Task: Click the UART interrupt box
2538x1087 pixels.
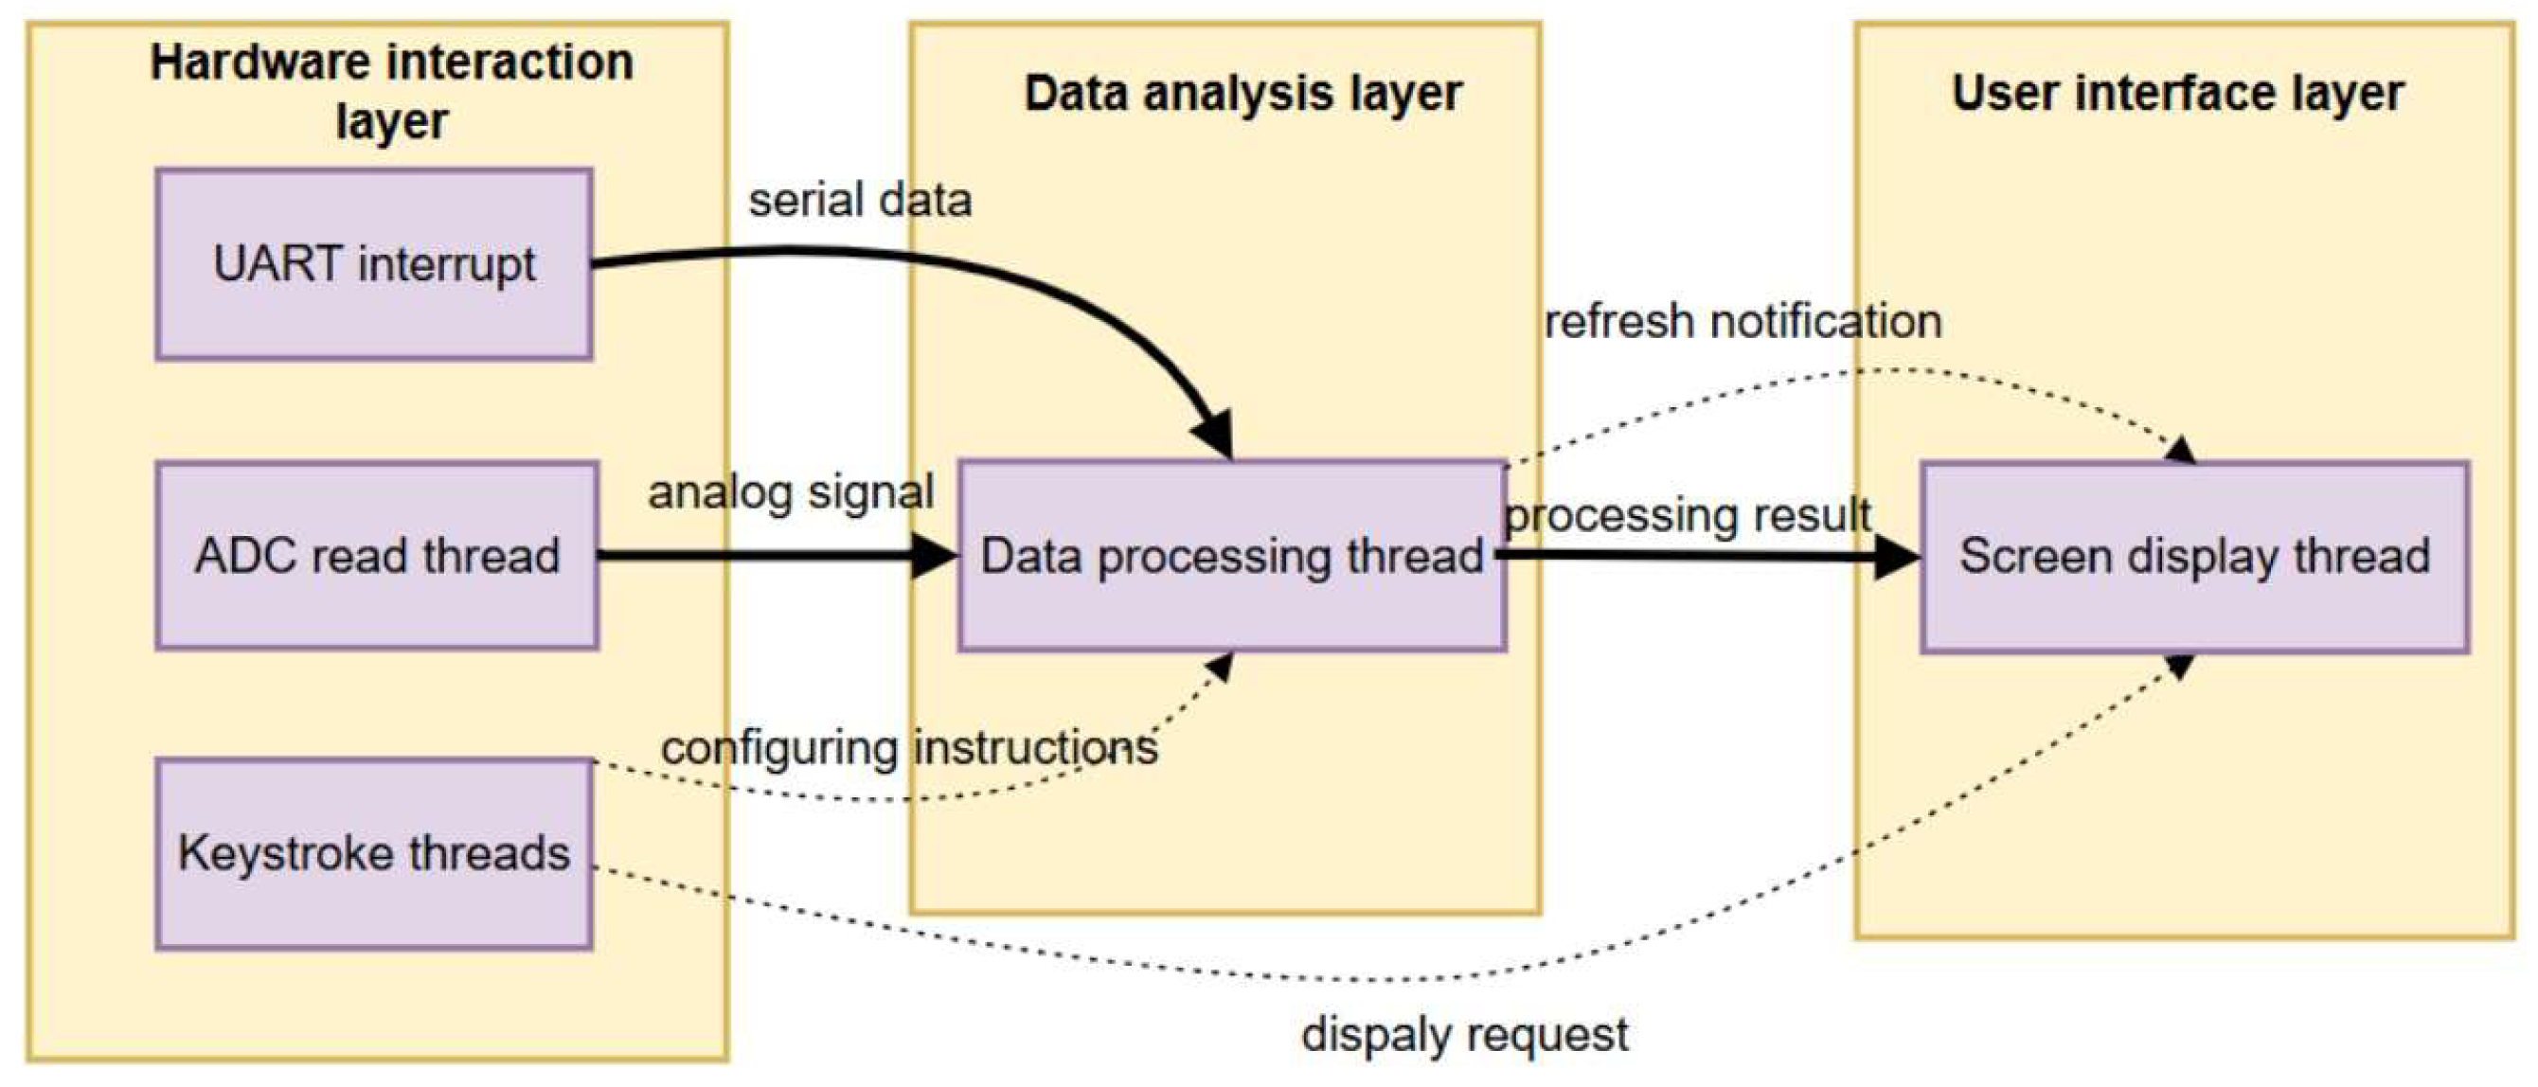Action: (373, 264)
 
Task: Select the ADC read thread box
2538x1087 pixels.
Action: (376, 555)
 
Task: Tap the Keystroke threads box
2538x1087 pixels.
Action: (373, 853)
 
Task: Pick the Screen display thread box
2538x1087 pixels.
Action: (2194, 557)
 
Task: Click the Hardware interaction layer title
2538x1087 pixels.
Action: (391, 91)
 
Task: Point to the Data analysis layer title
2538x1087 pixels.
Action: (1242, 94)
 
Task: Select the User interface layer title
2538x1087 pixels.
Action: (2177, 94)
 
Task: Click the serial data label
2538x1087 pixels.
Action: (859, 200)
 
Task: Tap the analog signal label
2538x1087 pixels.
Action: (790, 491)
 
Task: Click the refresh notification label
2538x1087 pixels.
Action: (1742, 321)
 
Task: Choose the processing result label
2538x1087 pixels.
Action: (1687, 514)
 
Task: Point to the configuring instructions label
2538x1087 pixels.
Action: (908, 747)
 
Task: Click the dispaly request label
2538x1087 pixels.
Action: (1464, 1034)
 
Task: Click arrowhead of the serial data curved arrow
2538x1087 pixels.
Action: (1215, 434)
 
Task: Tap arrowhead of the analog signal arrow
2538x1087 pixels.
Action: (933, 556)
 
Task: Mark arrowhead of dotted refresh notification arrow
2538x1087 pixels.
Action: (2181, 451)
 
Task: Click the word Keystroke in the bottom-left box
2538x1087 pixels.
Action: (285, 853)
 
